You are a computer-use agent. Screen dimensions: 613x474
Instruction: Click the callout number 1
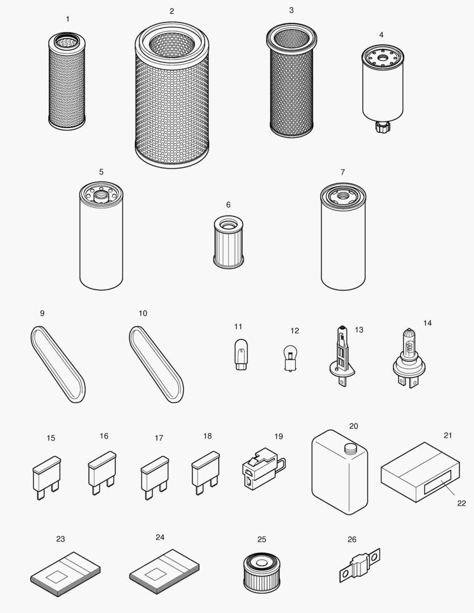click(68, 19)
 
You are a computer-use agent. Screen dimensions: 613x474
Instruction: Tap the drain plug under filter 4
click(380, 125)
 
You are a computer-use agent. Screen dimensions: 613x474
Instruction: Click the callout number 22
click(461, 503)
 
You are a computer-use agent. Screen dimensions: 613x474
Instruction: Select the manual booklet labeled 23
click(65, 574)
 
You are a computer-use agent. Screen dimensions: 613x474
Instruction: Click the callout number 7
click(342, 172)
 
